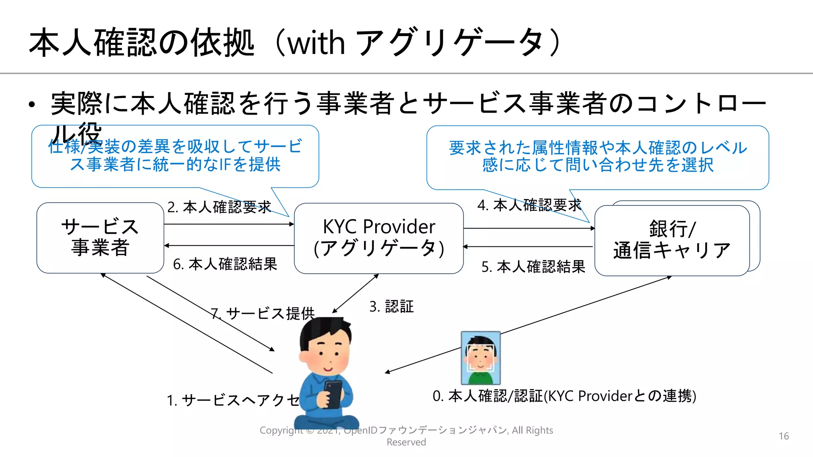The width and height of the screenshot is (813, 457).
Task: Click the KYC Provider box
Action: pyautogui.click(x=378, y=238)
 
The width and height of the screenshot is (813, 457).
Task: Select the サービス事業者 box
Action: pyautogui.click(x=100, y=237)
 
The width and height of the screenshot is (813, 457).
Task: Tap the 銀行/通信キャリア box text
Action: pyautogui.click(x=672, y=240)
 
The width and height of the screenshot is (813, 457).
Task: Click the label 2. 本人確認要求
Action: pyautogui.click(x=219, y=207)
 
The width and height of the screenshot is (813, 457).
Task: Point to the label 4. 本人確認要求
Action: pyautogui.click(x=529, y=205)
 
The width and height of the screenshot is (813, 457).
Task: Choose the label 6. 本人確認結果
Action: pyautogui.click(x=225, y=264)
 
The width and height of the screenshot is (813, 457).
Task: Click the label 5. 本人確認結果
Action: pyautogui.click(x=533, y=267)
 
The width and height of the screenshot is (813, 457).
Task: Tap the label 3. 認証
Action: pyautogui.click(x=391, y=306)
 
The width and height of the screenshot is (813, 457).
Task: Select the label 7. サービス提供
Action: pyautogui.click(x=263, y=313)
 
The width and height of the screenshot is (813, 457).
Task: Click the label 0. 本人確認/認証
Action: pyautogui.click(x=564, y=396)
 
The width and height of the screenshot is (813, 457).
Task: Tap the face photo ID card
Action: pyautogui.click(x=480, y=358)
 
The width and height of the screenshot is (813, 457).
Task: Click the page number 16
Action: pyautogui.click(x=784, y=436)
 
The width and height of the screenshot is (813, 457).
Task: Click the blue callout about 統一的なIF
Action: pyautogui.click(x=175, y=156)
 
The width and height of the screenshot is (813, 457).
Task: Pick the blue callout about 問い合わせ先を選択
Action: pyautogui.click(x=597, y=157)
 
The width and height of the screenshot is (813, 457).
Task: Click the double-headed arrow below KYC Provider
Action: pyautogui.click(x=355, y=293)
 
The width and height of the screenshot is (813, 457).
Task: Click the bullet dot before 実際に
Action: pyautogui.click(x=32, y=105)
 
